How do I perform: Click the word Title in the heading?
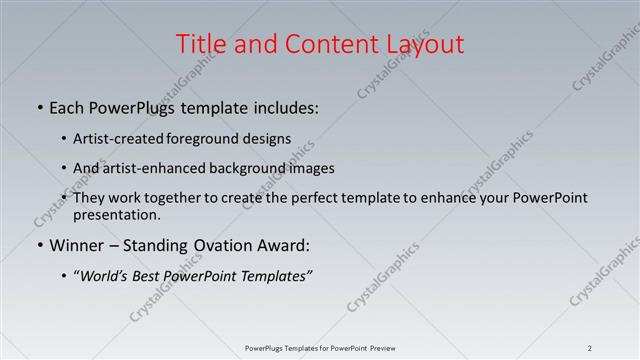(x=200, y=44)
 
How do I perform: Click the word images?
(x=307, y=168)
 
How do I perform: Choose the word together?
(x=173, y=198)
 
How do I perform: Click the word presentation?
(x=115, y=214)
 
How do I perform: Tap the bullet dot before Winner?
(x=39, y=246)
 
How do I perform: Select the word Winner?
(x=76, y=245)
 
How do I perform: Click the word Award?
(x=281, y=245)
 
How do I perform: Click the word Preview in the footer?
(x=378, y=348)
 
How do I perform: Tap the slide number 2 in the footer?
(x=590, y=348)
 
